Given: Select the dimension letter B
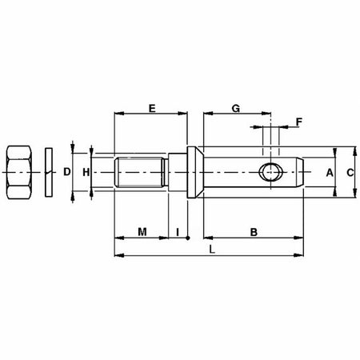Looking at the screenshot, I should (252, 232).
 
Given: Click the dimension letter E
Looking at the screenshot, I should (152, 106).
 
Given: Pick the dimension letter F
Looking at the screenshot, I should (299, 122).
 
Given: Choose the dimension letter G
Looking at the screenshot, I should (234, 106).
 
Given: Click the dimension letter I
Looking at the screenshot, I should (177, 232).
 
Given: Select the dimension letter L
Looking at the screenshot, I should (211, 250).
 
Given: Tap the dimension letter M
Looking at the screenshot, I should (142, 232).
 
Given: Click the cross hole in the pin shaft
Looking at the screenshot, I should (271, 172).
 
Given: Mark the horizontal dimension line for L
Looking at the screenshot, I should (160, 256).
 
